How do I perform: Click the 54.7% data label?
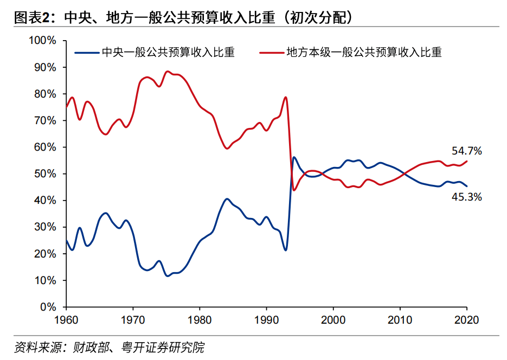[x=467, y=151]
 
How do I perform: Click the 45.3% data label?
[x=467, y=197]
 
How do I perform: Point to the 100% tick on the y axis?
[x=42, y=41]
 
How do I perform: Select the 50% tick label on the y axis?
[x=44, y=174]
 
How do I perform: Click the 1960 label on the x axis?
[x=66, y=319]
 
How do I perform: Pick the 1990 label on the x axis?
[x=266, y=319]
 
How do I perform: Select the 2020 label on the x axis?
[x=466, y=319]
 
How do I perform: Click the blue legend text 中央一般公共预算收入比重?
[x=168, y=53]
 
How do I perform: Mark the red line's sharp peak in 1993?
[x=286, y=98]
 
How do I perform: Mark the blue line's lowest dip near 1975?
[x=167, y=276]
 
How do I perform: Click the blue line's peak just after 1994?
[x=294, y=157]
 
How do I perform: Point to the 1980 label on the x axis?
[x=200, y=319]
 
